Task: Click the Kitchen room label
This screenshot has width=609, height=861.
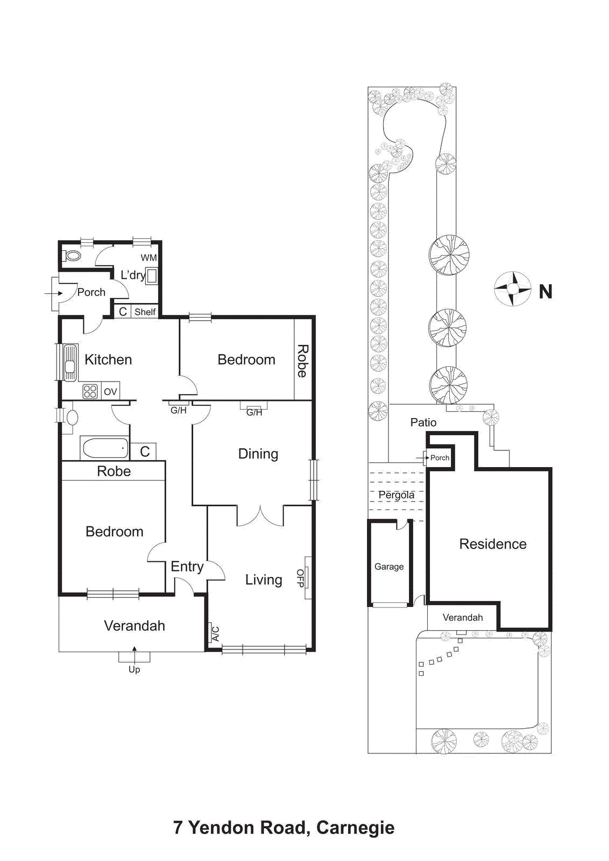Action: coord(108,359)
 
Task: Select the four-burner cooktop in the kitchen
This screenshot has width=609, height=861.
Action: coord(90,391)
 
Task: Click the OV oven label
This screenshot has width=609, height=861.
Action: coord(110,392)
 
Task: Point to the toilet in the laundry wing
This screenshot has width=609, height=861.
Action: coord(72,255)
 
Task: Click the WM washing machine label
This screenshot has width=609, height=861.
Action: coord(148,258)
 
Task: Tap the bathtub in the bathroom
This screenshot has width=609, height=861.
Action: coord(104,448)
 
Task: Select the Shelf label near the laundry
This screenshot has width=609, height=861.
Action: coord(145,312)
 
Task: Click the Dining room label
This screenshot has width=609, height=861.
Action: coord(258,454)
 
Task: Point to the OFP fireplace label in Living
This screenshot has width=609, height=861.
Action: coord(300,578)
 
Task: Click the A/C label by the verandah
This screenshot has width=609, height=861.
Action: coord(215,633)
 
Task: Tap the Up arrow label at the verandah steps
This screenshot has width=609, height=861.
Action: coord(134,669)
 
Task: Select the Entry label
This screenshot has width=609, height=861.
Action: coord(187,567)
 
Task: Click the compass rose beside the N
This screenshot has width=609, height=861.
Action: coord(513,289)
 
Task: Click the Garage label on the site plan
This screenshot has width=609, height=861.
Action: coord(389,567)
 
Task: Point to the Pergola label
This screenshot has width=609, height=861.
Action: coord(396,495)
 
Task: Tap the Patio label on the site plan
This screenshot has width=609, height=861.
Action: coord(423,422)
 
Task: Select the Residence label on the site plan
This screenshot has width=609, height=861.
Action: coord(493,544)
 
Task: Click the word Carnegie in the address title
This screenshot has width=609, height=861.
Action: coord(355,828)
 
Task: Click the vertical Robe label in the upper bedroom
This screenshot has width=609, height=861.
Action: coord(303,361)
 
